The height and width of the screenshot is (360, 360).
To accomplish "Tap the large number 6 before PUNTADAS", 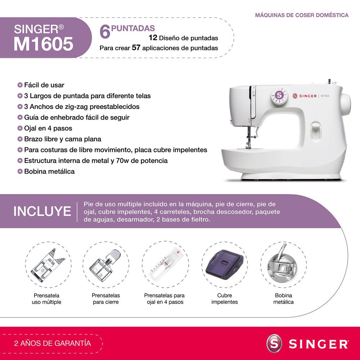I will point(105,32).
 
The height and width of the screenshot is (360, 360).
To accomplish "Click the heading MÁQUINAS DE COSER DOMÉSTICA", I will point(302,15).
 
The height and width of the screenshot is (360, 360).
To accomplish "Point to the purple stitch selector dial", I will point(279,95).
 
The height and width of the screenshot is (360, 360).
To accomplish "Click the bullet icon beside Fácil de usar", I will point(20,85).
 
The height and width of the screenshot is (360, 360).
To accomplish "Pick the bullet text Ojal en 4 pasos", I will point(48,128).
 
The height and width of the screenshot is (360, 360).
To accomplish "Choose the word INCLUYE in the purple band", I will point(42,211).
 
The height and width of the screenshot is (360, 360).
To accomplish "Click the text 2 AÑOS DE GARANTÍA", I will point(52,343).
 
